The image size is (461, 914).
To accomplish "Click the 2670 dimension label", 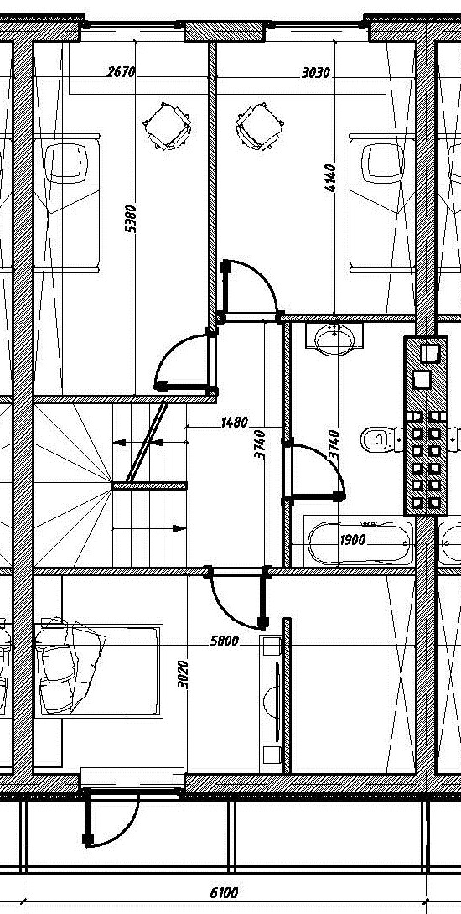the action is tap(122, 72).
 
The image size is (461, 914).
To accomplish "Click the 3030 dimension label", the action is tap(317, 73).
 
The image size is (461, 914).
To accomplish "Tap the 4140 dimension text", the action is tap(330, 179).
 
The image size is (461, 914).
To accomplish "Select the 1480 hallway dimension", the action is tap(235, 422).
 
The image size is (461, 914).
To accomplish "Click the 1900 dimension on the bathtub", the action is tap(353, 540).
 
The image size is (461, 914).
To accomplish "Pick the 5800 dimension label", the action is tap(225, 641).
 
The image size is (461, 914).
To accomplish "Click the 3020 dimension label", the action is tap(183, 674).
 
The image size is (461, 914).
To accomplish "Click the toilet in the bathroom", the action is tap(380, 439).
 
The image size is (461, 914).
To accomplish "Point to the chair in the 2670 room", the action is tap(168, 126).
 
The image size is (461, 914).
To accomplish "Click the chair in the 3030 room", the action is tap(260, 126).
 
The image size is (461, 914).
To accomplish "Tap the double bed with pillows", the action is tap(99, 670).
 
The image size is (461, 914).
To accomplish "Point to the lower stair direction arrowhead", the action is tap(179, 529).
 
